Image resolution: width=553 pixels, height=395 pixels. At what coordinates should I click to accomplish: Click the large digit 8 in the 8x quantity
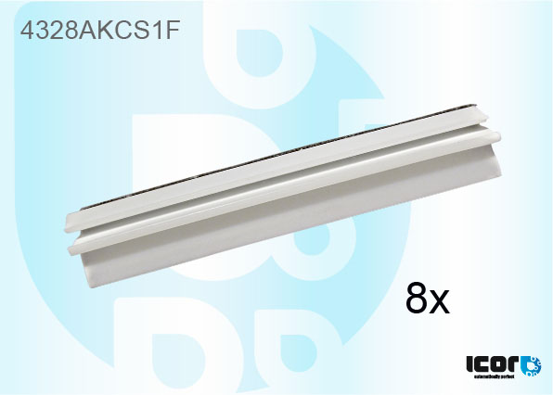tap(418, 299)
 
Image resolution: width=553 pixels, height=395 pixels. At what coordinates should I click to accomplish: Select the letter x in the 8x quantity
tap(439, 303)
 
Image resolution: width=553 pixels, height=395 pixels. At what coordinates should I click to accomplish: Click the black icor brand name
tap(493, 363)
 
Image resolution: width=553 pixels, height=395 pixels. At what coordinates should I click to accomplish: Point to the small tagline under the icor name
tap(492, 378)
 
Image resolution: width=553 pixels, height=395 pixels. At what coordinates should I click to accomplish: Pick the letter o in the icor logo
tap(502, 364)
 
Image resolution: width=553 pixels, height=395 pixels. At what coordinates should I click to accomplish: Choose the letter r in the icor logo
tap(516, 364)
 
